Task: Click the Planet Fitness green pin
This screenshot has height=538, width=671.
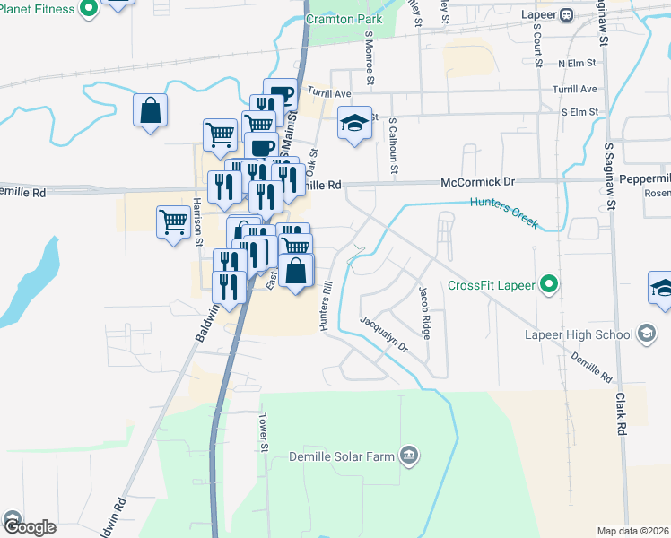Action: point(88,10)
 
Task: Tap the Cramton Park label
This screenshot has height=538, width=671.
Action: point(344,19)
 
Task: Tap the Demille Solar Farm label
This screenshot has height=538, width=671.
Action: point(342,456)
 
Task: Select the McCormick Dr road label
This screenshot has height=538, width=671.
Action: point(477,182)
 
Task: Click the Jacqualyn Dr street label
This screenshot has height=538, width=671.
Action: point(383,334)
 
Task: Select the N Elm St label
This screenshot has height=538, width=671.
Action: point(577,64)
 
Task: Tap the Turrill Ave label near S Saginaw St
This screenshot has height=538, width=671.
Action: point(575,90)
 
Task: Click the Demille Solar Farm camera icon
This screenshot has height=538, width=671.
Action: point(409,456)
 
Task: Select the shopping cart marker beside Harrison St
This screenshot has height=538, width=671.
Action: point(173,220)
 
